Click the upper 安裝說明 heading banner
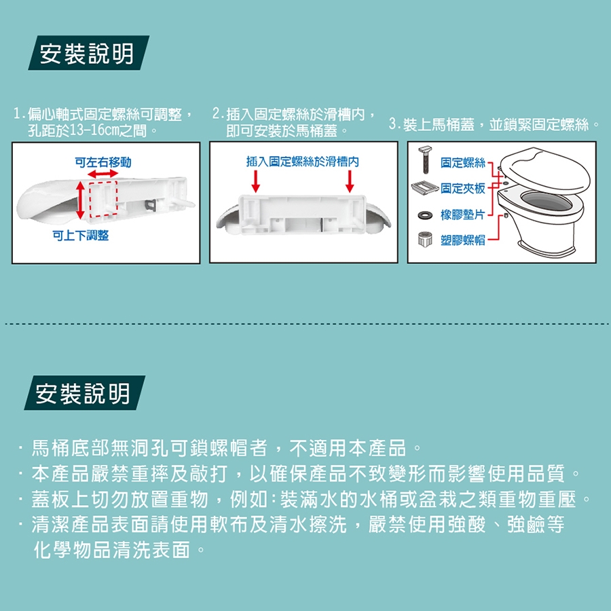88,53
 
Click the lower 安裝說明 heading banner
85,393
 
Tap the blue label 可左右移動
103,162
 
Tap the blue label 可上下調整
81,236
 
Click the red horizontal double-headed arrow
103,174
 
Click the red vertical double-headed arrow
80,200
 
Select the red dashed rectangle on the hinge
103,200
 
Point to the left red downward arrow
256,181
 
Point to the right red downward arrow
350,181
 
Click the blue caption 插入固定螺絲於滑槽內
302,162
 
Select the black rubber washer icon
425,215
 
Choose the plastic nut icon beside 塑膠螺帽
425,239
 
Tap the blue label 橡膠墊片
463,215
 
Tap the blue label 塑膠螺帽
463,240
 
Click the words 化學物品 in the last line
73,550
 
